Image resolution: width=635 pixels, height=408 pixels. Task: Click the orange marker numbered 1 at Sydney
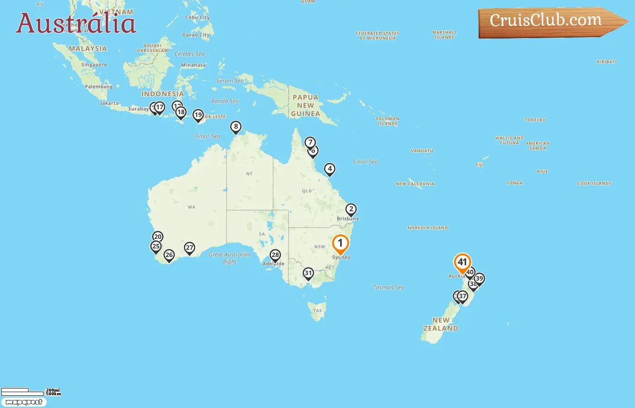pyautogui.click(x=340, y=244)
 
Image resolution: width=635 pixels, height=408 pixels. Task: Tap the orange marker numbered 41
pyautogui.click(x=462, y=262)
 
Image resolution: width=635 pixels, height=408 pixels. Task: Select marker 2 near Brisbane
pyautogui.click(x=351, y=209)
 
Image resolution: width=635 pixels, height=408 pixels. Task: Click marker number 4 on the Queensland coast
pyautogui.click(x=330, y=169)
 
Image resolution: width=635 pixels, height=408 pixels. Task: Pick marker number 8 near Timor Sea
pyautogui.click(x=236, y=127)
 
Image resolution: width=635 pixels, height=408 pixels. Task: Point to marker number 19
pyautogui.click(x=198, y=115)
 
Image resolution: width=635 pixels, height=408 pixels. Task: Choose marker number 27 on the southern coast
pyautogui.click(x=190, y=248)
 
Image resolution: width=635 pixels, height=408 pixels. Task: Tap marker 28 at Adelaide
pyautogui.click(x=275, y=255)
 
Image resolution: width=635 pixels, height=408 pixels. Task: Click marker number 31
pyautogui.click(x=308, y=273)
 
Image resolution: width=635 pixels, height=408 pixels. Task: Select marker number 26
pyautogui.click(x=169, y=255)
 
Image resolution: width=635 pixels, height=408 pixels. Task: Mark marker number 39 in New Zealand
pyautogui.click(x=479, y=279)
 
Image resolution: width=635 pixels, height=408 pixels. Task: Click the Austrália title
pyautogui.click(x=76, y=23)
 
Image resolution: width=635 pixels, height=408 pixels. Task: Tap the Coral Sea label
pyautogui.click(x=366, y=162)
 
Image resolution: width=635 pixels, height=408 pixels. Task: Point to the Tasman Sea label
pyautogui.click(x=388, y=287)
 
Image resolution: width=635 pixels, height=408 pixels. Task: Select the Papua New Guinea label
pyautogui.click(x=306, y=106)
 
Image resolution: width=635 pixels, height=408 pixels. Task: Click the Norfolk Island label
pyautogui.click(x=427, y=228)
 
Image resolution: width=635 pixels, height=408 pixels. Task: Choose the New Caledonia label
pyautogui.click(x=415, y=184)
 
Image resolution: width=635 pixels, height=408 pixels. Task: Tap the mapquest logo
pyautogui.click(x=24, y=402)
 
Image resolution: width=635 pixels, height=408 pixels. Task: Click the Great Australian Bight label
pyautogui.click(x=230, y=258)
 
